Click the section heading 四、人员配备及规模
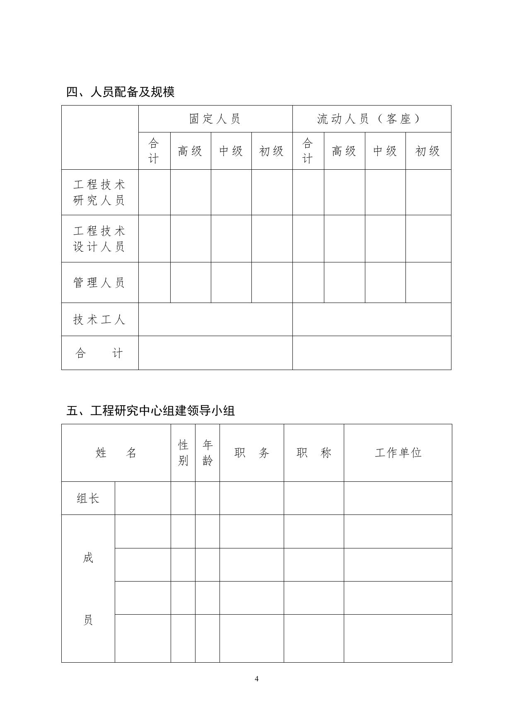[x=121, y=92]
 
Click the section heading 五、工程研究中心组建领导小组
[x=151, y=411]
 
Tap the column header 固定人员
[x=215, y=119]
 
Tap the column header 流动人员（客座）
[x=371, y=119]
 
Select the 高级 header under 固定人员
[x=190, y=151]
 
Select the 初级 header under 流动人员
[x=427, y=151]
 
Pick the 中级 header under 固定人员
[x=231, y=151]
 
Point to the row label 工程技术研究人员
[x=99, y=192]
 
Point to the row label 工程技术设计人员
[x=99, y=239]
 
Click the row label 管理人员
[x=99, y=283]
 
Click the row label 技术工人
[x=99, y=320]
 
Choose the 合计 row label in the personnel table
[x=99, y=353]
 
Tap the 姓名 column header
[x=116, y=453]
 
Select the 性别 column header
[x=183, y=453]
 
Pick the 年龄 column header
[x=208, y=453]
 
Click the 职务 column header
[x=252, y=453]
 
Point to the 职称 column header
[x=314, y=453]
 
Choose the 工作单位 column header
[x=398, y=453]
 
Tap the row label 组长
[x=88, y=498]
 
